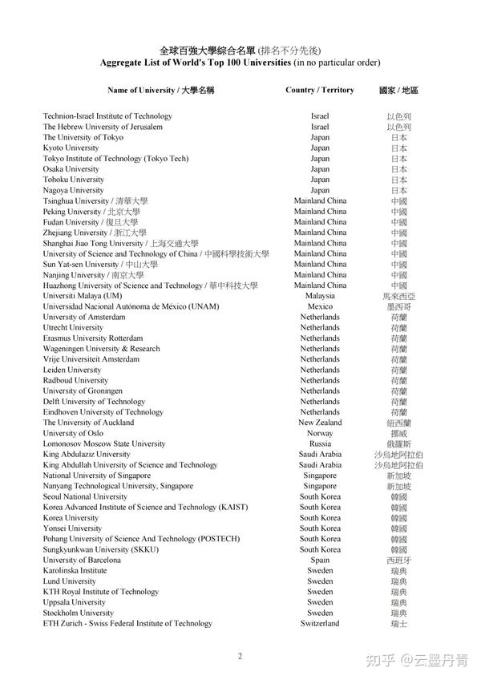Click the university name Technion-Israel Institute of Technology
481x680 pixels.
click(x=107, y=116)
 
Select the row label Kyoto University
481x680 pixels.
click(x=71, y=148)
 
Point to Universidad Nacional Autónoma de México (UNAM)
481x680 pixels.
click(x=131, y=306)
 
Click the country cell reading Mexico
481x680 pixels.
click(x=320, y=306)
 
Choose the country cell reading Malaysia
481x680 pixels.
click(x=320, y=296)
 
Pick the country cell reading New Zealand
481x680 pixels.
click(x=320, y=423)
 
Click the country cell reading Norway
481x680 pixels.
click(x=320, y=433)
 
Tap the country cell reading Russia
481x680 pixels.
click(x=320, y=443)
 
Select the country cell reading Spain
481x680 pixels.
click(x=320, y=560)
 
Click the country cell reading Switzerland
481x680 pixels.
click(x=320, y=623)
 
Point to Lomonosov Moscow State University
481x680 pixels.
click(x=104, y=443)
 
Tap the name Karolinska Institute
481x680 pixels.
click(x=75, y=571)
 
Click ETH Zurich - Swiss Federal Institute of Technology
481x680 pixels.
click(x=127, y=623)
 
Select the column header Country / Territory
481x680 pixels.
click(x=320, y=90)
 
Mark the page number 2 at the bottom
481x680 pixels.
click(x=240, y=656)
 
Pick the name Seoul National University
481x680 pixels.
click(x=85, y=496)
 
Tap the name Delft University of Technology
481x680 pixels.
click(x=94, y=402)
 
